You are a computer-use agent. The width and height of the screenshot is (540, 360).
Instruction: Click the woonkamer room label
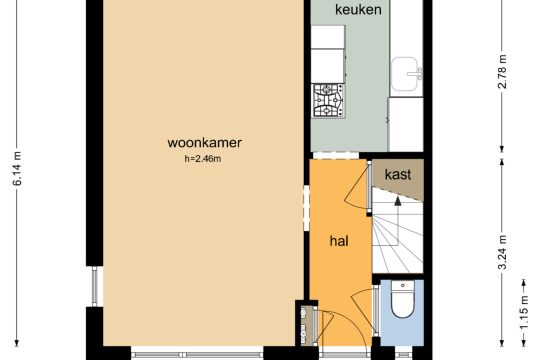coord(205,143)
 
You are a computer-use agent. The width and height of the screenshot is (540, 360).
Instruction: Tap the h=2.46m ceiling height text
coord(203,159)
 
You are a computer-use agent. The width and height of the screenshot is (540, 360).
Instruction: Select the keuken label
coord(358,10)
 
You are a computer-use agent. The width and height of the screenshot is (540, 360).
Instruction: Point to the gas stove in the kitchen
coord(328,101)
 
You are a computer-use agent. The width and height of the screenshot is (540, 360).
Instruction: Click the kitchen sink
coord(406,74)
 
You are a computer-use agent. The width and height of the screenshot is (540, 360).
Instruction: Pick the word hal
coord(339,241)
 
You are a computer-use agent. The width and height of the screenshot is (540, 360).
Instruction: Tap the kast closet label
coord(398,174)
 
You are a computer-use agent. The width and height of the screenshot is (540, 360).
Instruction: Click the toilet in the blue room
coord(403,299)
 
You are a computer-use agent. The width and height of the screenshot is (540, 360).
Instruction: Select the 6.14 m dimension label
coord(17,168)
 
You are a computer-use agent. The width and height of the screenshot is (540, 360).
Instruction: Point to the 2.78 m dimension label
coord(502,72)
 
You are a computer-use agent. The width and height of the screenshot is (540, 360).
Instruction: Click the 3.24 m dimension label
coord(502,252)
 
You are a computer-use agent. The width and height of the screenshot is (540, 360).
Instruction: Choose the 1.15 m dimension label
coord(524,312)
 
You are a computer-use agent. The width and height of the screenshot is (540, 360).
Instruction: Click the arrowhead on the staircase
coord(398,201)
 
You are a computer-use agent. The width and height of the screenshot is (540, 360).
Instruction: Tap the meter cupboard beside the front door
coord(305,325)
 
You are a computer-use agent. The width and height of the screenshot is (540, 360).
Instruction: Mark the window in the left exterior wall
coord(94,286)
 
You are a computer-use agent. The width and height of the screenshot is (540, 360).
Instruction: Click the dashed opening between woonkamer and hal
coord(307,208)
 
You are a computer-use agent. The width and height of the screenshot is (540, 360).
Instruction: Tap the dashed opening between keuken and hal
coord(336,155)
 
